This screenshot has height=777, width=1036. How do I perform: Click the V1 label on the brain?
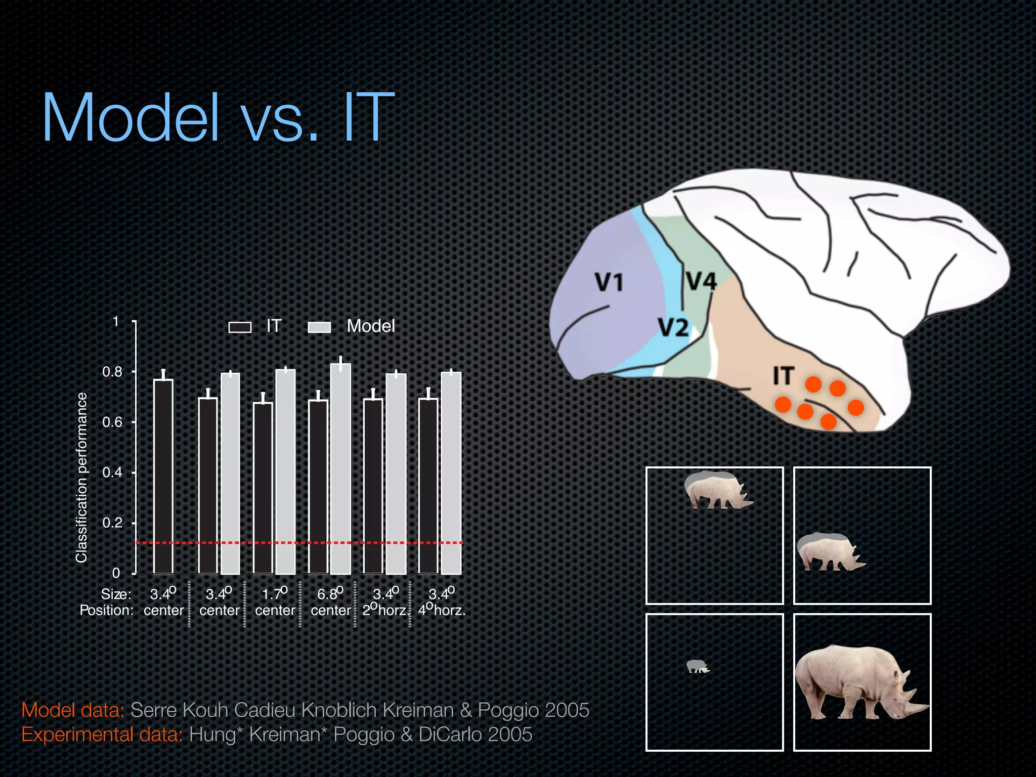pyautogui.click(x=609, y=282)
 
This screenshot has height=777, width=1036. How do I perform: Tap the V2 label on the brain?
pyautogui.click(x=673, y=327)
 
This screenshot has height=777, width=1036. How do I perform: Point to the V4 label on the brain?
pyautogui.click(x=701, y=281)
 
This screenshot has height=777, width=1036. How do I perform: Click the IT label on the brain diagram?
pyautogui.click(x=784, y=376)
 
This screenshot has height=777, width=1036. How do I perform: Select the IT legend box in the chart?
pyautogui.click(x=240, y=327)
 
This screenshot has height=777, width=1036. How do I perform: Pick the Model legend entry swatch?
pyautogui.click(x=319, y=327)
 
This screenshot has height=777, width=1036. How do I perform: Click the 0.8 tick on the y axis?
pyautogui.click(x=113, y=372)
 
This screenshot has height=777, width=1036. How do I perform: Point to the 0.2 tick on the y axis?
pyautogui.click(x=113, y=523)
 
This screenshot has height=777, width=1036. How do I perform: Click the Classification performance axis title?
pyautogui.click(x=81, y=477)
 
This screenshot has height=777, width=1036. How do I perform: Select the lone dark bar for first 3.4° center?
pyautogui.click(x=163, y=476)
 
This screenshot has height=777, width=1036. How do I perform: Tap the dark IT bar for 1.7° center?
pyautogui.click(x=263, y=488)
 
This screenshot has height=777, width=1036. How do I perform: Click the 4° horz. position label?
pyautogui.click(x=442, y=610)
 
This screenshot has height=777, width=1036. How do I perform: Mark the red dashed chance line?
pyautogui.click(x=298, y=542)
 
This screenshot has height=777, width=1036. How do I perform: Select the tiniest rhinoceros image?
pyautogui.click(x=698, y=666)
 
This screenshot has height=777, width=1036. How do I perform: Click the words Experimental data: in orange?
pyautogui.click(x=102, y=734)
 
